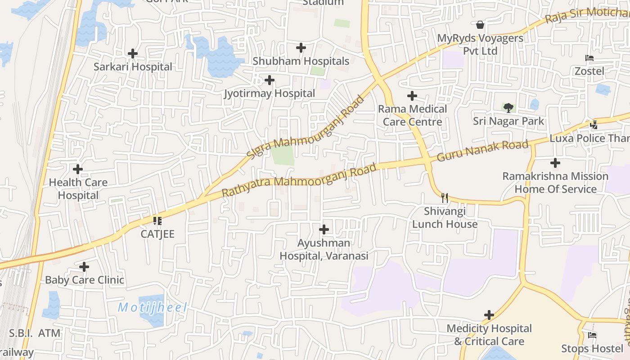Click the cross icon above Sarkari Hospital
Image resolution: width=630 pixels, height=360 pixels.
[132, 54]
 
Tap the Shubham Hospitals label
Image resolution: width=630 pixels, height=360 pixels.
[301, 61]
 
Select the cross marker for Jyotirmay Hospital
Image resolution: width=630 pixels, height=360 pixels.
[270, 80]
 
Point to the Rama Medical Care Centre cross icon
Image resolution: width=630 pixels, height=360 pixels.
[412, 96]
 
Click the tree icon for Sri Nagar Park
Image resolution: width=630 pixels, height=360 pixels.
[508, 108]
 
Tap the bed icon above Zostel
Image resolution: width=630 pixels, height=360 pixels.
[589, 58]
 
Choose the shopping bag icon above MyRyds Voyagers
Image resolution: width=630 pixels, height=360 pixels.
[480, 24]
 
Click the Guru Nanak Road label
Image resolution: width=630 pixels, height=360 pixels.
[482, 151]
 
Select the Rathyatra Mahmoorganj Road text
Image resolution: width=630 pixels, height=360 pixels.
[299, 180]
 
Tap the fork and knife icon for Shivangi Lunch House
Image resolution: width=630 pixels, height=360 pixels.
[445, 198]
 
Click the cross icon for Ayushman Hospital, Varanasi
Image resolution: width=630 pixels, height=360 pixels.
[324, 229]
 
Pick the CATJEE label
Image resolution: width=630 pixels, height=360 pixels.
[157, 234]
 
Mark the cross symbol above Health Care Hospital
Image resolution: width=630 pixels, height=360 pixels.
[78, 169]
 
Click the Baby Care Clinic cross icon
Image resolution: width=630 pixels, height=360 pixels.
[84, 267]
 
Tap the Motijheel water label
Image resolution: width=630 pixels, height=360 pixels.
[152, 308]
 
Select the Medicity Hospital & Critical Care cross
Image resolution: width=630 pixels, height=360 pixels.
[489, 315]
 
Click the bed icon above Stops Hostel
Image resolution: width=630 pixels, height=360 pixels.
[592, 335]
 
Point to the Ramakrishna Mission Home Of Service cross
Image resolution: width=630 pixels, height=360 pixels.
[555, 163]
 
